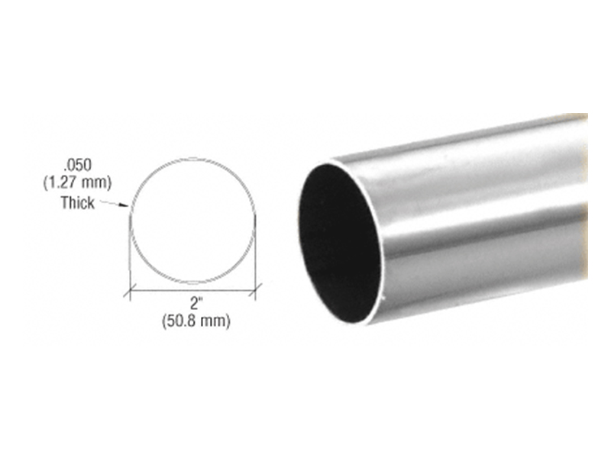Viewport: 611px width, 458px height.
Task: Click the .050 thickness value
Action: [x=78, y=165]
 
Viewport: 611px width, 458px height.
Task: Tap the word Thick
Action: [x=78, y=203]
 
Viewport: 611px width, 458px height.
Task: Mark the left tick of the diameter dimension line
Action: [x=129, y=291]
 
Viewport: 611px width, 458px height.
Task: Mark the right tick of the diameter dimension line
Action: [x=255, y=290]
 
